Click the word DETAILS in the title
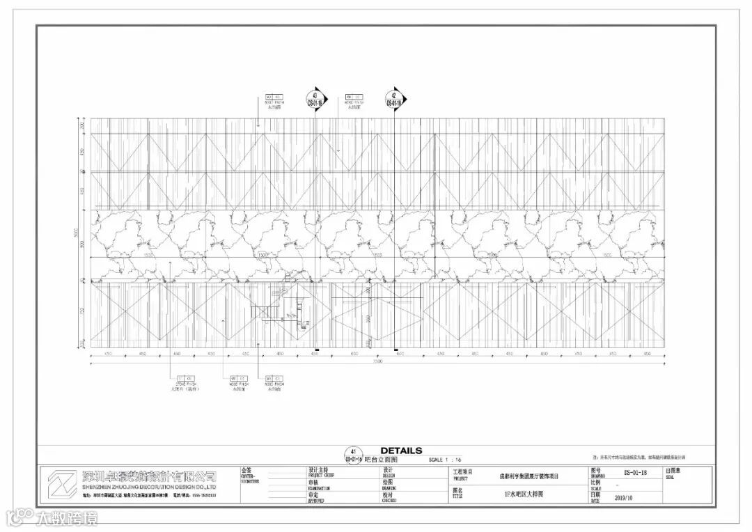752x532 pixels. coord(401,451)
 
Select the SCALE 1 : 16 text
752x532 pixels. coord(445,460)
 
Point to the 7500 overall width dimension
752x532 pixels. coord(377,361)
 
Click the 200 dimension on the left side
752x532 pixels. coord(82,126)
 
